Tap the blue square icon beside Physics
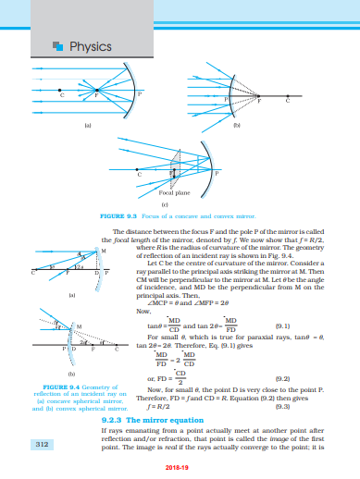(59, 44)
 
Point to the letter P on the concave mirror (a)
(141, 93)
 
